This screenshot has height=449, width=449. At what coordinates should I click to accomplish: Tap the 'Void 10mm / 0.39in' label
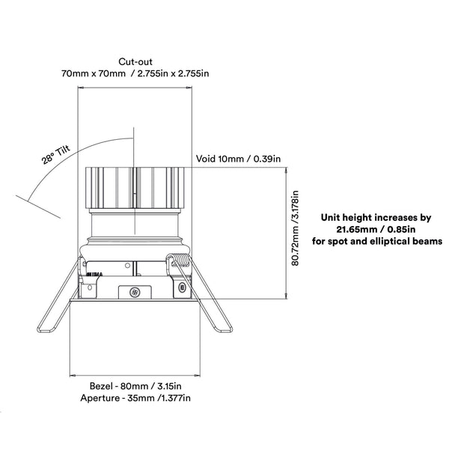tap(238, 159)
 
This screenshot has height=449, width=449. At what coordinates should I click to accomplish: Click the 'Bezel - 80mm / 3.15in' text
tap(136, 385)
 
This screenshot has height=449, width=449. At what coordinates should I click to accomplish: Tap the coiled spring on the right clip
tap(179, 261)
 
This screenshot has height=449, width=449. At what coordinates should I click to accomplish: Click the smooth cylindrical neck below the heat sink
tap(135, 224)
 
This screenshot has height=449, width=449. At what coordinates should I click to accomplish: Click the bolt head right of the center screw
tap(180, 287)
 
